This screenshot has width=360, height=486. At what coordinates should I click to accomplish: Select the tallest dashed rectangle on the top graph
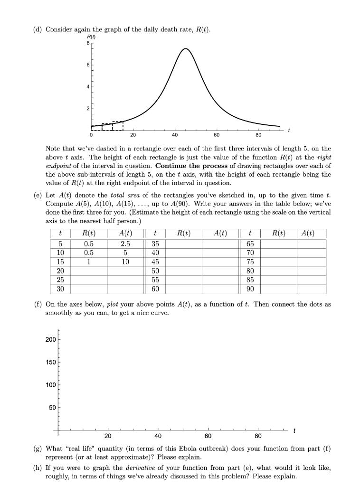point(118,125)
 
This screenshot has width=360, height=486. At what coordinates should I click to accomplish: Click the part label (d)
point(37,30)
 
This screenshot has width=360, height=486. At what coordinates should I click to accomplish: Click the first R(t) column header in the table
point(89,233)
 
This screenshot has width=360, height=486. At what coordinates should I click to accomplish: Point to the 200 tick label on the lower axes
point(51,340)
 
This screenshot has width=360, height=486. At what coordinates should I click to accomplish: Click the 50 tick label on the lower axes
point(52,408)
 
